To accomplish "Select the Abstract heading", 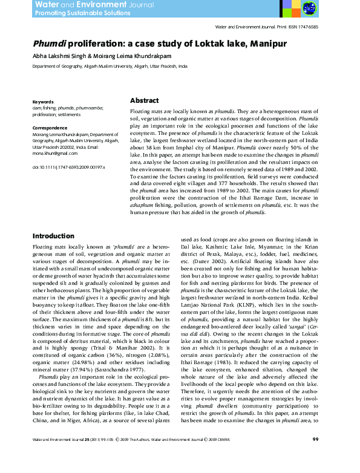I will pos(144,101).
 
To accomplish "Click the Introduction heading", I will pos(53,236).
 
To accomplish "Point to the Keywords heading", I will pos(43,102).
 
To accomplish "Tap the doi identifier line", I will pos(68,166).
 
